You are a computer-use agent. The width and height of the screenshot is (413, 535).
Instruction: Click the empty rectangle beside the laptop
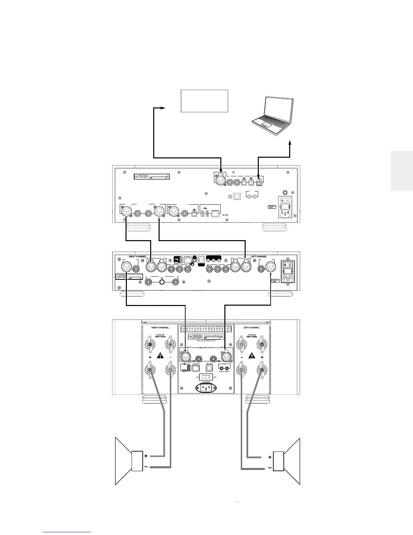204,101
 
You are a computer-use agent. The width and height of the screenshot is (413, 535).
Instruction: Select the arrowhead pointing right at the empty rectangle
163,108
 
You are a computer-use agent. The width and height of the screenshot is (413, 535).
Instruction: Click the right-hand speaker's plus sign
270,457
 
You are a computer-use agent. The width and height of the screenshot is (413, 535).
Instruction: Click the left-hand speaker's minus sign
146,467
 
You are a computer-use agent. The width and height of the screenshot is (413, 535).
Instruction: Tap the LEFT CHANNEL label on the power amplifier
252,328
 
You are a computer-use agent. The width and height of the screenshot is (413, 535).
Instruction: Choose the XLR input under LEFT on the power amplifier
226,356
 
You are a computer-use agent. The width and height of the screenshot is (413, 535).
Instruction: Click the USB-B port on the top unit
259,182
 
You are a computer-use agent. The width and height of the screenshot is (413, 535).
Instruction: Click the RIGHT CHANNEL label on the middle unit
138,257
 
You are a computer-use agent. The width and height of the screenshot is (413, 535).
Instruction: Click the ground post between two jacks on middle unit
162,282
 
